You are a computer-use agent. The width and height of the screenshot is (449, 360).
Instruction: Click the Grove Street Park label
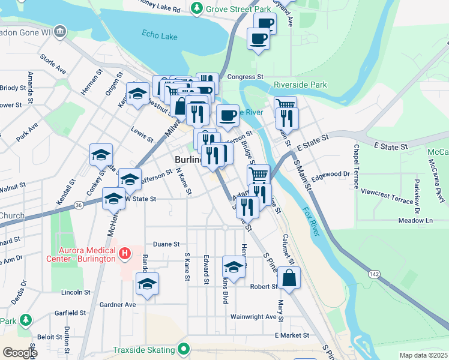click(238, 8)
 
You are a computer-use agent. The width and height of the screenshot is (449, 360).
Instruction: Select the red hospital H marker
click(125, 254)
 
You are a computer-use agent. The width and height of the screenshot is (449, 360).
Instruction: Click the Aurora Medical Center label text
click(87, 254)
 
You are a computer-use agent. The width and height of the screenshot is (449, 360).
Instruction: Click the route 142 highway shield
click(373, 273)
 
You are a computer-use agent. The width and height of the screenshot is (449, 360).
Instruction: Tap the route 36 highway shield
click(79, 205)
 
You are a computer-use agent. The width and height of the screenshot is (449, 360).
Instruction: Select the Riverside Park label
click(300, 85)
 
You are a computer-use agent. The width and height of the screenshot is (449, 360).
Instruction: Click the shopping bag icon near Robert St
click(289, 277)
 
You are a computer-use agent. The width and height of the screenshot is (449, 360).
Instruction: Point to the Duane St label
click(166, 244)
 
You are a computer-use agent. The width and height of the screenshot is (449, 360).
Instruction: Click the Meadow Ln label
click(415, 221)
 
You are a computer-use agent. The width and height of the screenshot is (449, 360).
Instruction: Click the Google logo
click(20, 353)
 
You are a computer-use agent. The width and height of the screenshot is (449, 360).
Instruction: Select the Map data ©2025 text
click(423, 355)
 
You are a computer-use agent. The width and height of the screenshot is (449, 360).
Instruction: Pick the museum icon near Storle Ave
click(59, 31)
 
